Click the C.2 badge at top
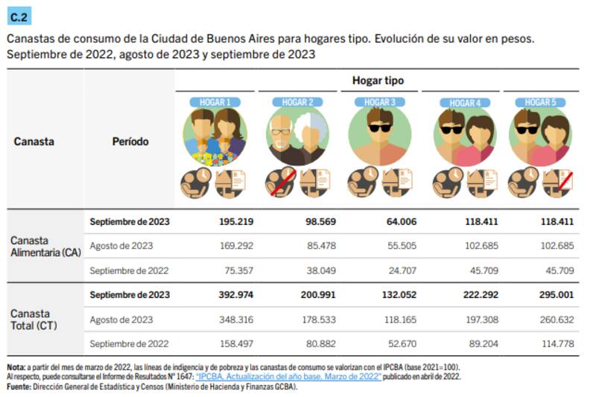click(x=19, y=14)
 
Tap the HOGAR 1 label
click(x=215, y=102)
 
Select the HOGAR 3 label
click(x=379, y=102)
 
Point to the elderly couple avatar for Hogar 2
click(x=297, y=136)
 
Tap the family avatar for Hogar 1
click(x=215, y=136)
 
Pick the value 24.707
click(x=400, y=270)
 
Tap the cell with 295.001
click(x=557, y=294)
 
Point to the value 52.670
click(x=400, y=343)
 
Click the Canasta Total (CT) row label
click(x=35, y=319)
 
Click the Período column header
click(x=130, y=142)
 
